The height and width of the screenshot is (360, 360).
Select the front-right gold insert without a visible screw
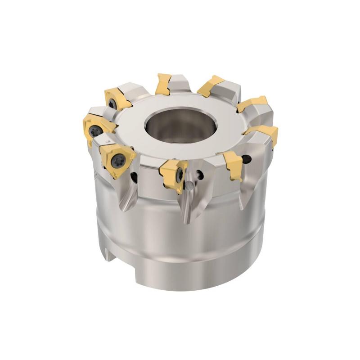coord(234,164)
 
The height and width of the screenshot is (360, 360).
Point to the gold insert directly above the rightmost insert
coord(252,104)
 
